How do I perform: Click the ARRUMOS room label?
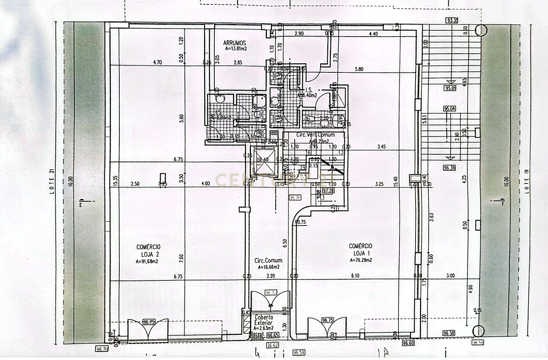click(x=234, y=43)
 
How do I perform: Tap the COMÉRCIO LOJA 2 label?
click(x=150, y=251)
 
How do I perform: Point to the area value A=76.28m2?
click(x=361, y=260)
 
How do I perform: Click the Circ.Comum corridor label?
click(x=268, y=261)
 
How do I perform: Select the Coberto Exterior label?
click(x=264, y=320)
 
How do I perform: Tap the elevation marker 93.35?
click(x=452, y=20)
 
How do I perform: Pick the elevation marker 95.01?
click(x=449, y=88)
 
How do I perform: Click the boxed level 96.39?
click(x=449, y=168)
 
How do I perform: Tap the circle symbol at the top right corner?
click(x=481, y=30)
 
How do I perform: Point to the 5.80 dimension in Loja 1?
click(x=359, y=69)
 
